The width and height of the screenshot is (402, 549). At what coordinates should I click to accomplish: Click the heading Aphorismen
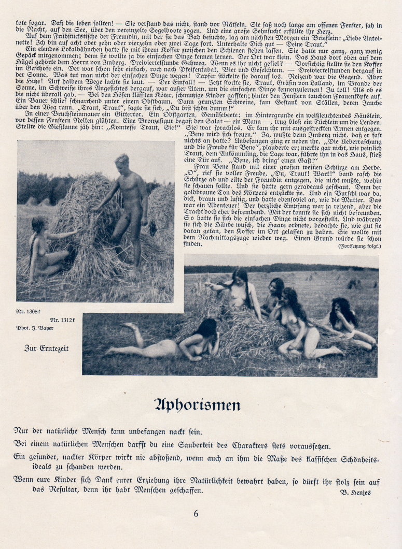197,404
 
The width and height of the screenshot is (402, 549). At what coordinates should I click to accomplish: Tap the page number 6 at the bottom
196,514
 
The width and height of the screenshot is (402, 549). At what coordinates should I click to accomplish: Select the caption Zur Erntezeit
46,348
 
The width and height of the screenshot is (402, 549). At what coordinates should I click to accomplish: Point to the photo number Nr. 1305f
29,312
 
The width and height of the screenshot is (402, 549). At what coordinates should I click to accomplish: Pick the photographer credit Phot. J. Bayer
36,327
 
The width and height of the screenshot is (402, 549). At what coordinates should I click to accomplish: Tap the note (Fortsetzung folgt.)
358,246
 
